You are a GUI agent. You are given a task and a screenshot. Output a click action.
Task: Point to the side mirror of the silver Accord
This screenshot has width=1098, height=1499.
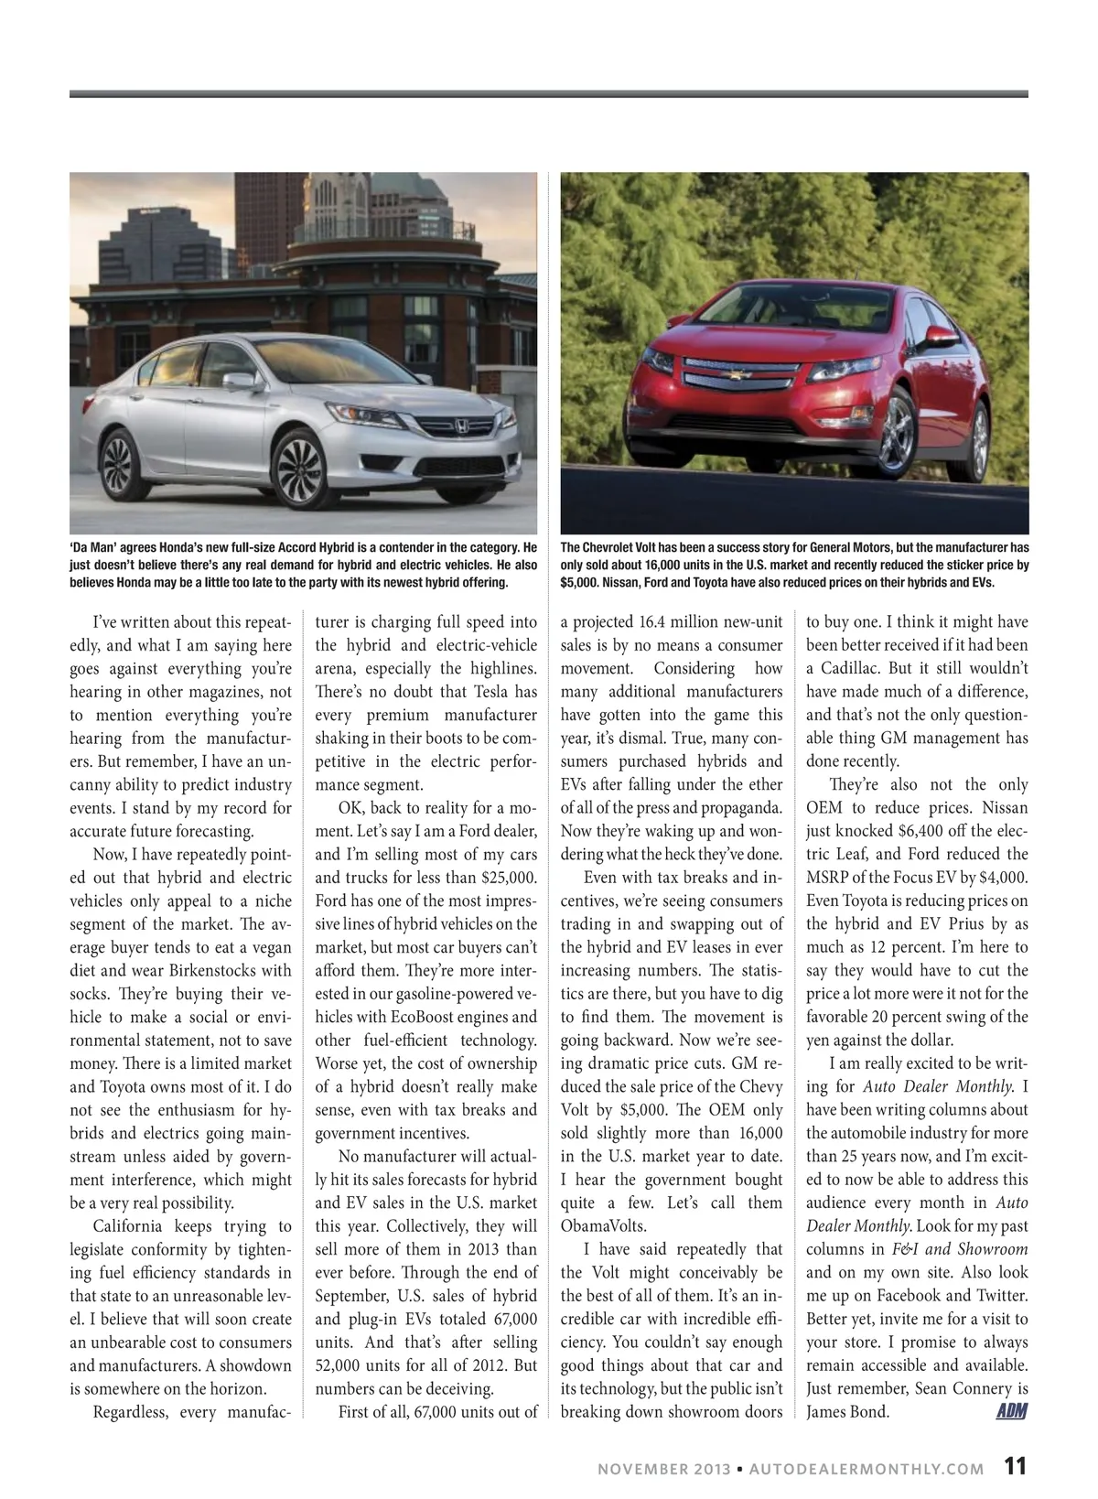coord(240,381)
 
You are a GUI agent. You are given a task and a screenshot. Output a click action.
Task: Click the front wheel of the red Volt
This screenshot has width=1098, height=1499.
coord(894,432)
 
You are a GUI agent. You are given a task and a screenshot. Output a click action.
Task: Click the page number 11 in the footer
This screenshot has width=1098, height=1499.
coord(1015,1466)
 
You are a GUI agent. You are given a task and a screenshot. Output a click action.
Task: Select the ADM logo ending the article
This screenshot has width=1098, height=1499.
coord(1011,1411)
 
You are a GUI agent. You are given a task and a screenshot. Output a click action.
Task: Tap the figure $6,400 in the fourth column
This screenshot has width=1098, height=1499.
coord(902,831)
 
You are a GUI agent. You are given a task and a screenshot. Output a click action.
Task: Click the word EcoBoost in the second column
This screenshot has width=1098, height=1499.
coord(419,1017)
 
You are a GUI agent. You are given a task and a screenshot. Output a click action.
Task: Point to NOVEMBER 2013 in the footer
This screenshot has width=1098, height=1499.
coord(663,1469)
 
